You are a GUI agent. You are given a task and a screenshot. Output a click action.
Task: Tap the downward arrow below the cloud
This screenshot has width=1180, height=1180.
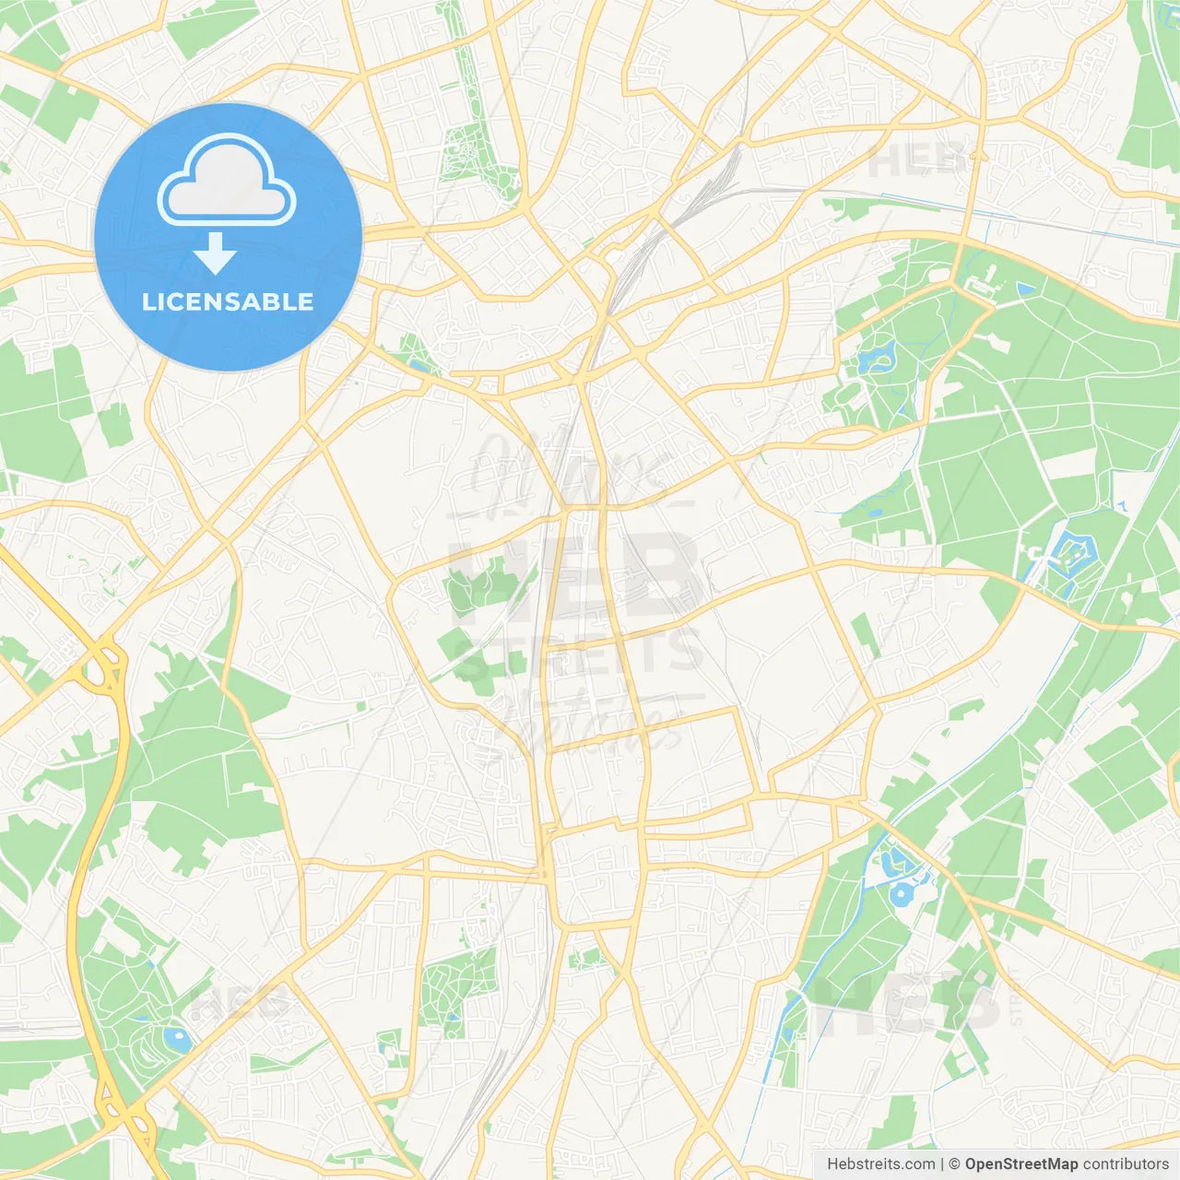[215, 254]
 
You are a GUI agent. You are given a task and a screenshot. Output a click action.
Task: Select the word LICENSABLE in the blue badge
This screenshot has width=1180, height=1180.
[228, 301]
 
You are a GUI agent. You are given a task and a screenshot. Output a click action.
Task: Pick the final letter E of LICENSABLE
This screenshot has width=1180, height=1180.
[305, 301]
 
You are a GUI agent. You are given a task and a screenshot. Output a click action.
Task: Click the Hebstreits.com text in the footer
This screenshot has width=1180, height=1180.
[880, 1164]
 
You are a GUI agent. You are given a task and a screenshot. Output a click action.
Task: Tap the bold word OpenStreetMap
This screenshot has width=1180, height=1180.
[1021, 1164]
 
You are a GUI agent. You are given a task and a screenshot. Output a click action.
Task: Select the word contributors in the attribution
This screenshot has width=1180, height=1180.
[1126, 1164]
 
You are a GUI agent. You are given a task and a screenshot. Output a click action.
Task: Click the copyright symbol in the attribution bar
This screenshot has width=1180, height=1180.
[954, 1164]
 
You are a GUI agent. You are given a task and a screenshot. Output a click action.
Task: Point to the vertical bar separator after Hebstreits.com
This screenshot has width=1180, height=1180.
[942, 1164]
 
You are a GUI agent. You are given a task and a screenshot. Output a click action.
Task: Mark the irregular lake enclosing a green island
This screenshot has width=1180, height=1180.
[877, 357]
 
